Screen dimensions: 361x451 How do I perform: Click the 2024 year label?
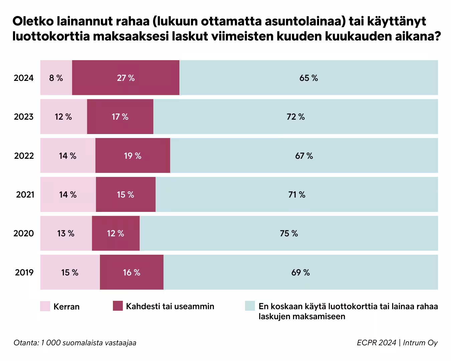[x=24, y=78]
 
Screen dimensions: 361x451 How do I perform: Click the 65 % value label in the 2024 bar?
[x=309, y=78]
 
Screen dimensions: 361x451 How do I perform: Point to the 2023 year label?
[x=24, y=117]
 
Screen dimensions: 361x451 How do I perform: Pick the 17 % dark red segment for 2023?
[x=120, y=117]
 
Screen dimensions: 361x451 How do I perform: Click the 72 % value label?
[x=296, y=117]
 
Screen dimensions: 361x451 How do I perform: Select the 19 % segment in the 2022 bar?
[x=133, y=156]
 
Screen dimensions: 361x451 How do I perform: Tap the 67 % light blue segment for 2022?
[x=304, y=156]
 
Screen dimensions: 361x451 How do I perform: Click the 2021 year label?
[x=25, y=195]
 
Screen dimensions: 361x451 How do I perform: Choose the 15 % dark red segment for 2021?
[x=126, y=195]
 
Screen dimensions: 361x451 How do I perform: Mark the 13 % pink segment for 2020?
[x=66, y=233]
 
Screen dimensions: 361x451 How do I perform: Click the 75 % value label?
[x=289, y=233]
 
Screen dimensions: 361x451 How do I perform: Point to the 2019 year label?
[x=24, y=272]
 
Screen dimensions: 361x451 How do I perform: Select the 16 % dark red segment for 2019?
[x=132, y=272]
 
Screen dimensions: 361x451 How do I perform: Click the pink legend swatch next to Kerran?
[x=45, y=306]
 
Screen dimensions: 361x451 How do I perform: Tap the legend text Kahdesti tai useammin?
[x=170, y=306]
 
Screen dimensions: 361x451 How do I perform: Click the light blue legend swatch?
[x=250, y=306]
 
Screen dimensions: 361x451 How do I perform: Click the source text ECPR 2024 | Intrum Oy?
[x=397, y=343]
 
